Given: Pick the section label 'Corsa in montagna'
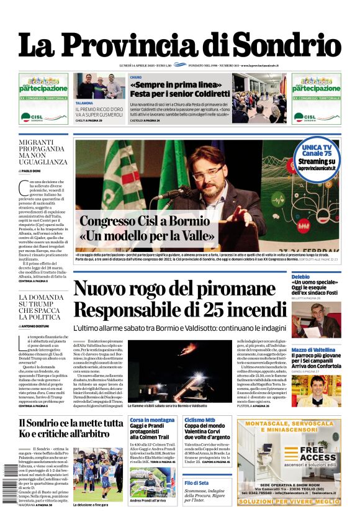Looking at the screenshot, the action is tap(152, 420).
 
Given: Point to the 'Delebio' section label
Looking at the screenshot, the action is tap(300, 276).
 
